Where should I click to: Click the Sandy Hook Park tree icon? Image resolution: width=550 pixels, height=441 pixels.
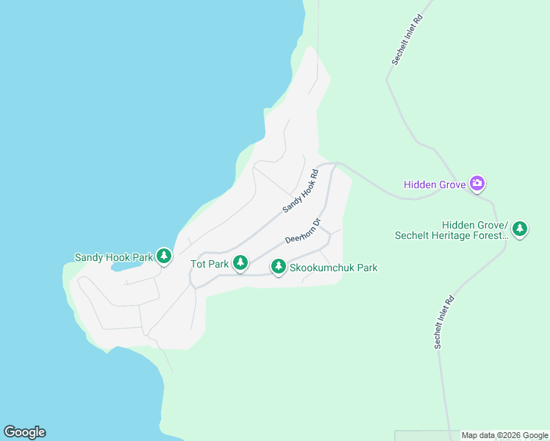[x=164, y=256]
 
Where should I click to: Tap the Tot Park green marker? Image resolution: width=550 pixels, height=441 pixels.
[x=240, y=262]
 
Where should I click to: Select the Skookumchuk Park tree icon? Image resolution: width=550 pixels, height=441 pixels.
[x=278, y=266]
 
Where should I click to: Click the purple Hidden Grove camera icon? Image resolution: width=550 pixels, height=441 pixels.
[x=477, y=183]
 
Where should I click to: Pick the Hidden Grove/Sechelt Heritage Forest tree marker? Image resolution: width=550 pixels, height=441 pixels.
[x=520, y=229]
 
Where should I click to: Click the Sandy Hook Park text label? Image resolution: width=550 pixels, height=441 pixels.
[x=113, y=258]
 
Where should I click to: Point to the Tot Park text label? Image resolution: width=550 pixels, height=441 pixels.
[x=209, y=264]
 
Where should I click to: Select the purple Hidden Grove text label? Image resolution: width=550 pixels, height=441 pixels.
[x=435, y=184]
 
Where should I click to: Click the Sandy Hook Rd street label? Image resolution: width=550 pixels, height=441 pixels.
[x=300, y=192]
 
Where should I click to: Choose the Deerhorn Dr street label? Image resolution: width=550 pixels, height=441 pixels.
[x=304, y=230]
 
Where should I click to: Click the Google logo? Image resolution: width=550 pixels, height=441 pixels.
[x=24, y=432]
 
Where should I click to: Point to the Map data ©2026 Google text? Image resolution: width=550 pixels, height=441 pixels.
[x=504, y=436]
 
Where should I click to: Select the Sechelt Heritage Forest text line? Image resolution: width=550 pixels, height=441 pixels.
[x=451, y=236]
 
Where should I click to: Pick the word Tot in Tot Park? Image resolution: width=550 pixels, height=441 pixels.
[x=199, y=264]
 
